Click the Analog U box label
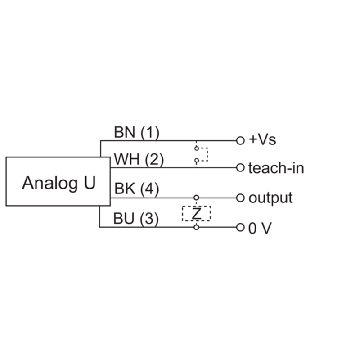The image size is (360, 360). click(59, 184)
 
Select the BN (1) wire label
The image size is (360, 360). click(137, 133)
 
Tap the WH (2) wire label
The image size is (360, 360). click(139, 160)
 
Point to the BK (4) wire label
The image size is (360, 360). click(137, 189)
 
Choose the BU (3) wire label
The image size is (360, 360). click(136, 219)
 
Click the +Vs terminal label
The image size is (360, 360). click(262, 140)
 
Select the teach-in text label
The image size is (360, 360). click(276, 168)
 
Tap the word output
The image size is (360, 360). click(270, 198)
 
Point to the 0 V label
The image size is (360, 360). click(260, 229)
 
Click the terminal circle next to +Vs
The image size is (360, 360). click(240, 140)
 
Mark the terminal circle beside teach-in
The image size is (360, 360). click(240, 167)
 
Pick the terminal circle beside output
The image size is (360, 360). click(240, 198)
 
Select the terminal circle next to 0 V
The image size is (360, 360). click(240, 228)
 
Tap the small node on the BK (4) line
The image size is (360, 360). click(196, 198)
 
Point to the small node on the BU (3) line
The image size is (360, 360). click(196, 227)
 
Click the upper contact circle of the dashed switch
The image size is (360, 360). click(197, 148)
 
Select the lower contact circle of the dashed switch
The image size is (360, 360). click(197, 161)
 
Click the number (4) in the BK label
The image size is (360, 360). click(149, 189)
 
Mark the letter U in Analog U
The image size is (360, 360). click(90, 183)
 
